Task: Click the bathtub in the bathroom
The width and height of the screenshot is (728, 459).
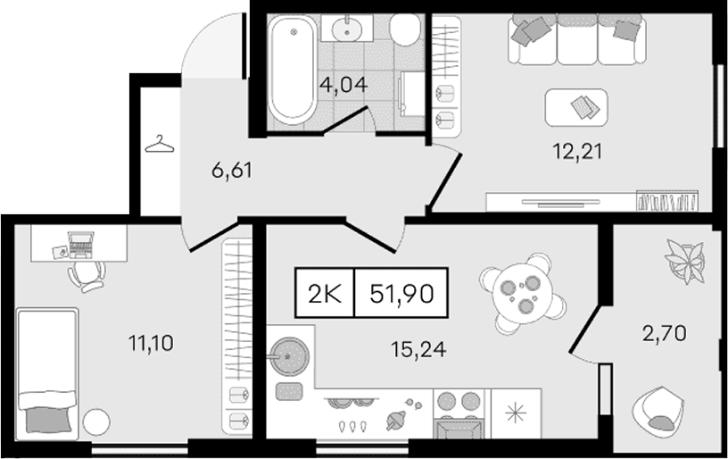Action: pyautogui.click(x=293, y=70)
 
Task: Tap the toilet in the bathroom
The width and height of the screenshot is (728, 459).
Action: pyautogui.click(x=405, y=29)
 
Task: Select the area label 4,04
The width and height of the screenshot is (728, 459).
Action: pyautogui.click(x=345, y=85)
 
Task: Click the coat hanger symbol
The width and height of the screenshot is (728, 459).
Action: pyautogui.click(x=160, y=144)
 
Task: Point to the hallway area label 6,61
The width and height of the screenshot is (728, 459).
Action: pyautogui.click(x=232, y=171)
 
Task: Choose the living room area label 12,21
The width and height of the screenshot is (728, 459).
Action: pyautogui.click(x=576, y=152)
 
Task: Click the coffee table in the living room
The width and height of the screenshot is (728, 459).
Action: pyautogui.click(x=576, y=107)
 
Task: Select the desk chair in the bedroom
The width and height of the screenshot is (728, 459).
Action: pyautogui.click(x=87, y=276)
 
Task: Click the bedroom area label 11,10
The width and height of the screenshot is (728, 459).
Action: pyautogui.click(x=151, y=343)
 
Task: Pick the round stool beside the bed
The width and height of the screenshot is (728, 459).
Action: pyautogui.click(x=96, y=421)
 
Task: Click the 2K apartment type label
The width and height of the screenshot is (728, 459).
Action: pyautogui.click(x=325, y=294)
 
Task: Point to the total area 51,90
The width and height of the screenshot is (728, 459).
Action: pyautogui.click(x=402, y=294)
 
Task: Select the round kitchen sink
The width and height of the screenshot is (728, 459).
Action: pyautogui.click(x=289, y=356)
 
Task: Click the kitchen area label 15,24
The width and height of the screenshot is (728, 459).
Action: pyautogui.click(x=418, y=349)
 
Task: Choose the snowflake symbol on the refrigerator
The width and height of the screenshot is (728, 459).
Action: pyautogui.click(x=517, y=413)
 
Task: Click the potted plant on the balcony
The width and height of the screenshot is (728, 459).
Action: pyautogui.click(x=685, y=261)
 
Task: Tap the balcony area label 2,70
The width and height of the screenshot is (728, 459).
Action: pyautogui.click(x=665, y=333)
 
